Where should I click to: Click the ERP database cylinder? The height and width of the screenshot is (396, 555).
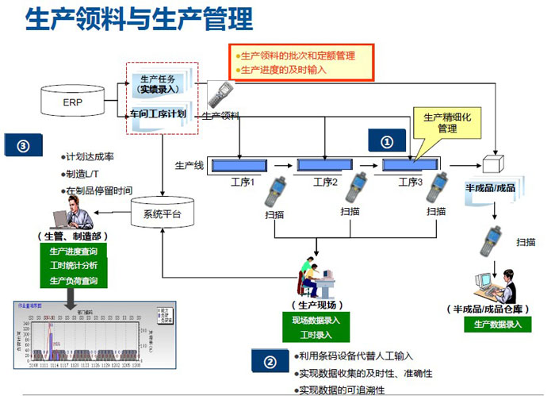point(72,102)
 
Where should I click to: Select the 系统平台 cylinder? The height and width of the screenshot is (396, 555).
point(161,213)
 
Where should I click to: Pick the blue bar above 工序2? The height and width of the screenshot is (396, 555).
point(325,165)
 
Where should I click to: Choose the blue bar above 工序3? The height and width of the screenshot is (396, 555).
point(411,165)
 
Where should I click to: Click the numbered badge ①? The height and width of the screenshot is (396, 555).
point(387,142)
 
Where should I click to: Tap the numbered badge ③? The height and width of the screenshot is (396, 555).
point(23,147)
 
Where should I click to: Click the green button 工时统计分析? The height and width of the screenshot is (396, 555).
point(74,266)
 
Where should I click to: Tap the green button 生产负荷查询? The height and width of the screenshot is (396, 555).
point(74,280)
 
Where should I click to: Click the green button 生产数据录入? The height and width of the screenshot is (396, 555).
point(497,324)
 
